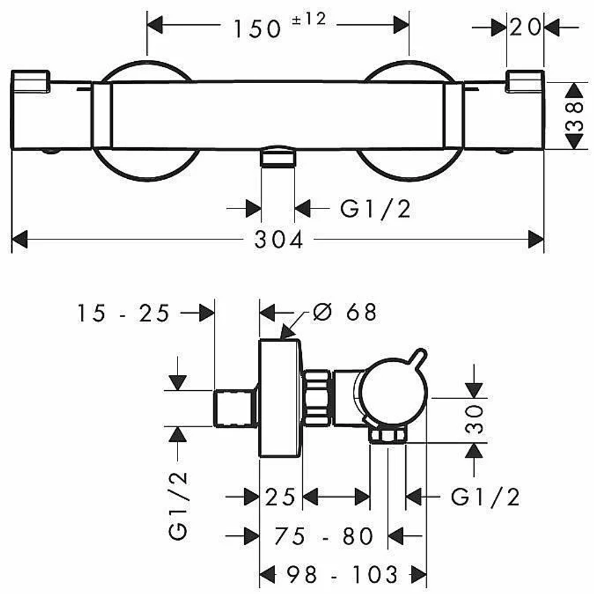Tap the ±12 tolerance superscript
[x=309, y=18]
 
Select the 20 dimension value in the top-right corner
[x=526, y=27]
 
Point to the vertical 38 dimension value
[x=574, y=116]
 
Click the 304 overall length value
[x=279, y=239]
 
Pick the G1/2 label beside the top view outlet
[x=375, y=208]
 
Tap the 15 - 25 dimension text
[x=124, y=313]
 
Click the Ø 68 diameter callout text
[x=345, y=312]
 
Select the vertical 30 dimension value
[x=475, y=419]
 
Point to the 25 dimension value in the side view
[x=280, y=497]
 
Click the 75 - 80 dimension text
[x=324, y=536]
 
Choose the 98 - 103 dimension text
[x=342, y=574]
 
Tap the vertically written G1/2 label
[x=178, y=506]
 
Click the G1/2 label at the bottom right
[x=485, y=497]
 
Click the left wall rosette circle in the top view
[x=147, y=121]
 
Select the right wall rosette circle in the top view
[x=409, y=121]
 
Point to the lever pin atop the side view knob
[x=420, y=357]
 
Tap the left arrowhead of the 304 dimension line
[x=20, y=239]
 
